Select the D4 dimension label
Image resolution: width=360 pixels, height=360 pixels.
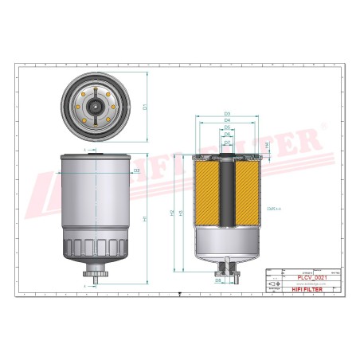click(x=227, y=120)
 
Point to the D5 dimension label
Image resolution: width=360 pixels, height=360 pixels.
click(x=227, y=127)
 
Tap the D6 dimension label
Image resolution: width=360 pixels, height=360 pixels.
click(x=227, y=135)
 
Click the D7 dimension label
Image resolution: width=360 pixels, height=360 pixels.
click(x=227, y=142)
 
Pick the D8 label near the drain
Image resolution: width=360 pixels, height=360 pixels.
click(x=217, y=280)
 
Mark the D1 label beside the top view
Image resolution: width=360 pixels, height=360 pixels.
click(x=144, y=106)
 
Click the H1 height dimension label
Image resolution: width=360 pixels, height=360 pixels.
click(x=144, y=218)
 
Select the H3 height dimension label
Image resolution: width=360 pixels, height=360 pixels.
click(x=182, y=213)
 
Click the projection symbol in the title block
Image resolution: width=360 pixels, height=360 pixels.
click(x=275, y=283)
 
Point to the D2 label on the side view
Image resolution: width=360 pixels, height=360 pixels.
click(x=136, y=170)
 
